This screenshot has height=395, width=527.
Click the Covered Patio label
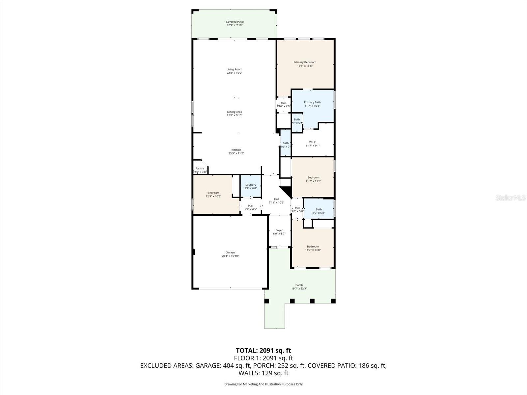[x=235, y=22]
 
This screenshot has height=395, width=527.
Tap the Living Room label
[x=234, y=69]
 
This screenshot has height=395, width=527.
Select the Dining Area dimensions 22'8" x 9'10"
[x=234, y=116]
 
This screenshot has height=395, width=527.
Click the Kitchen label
[x=236, y=150]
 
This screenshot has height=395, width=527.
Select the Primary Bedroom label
[x=305, y=62]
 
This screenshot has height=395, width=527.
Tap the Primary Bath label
[x=312, y=102]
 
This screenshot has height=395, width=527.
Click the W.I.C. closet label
[x=312, y=142]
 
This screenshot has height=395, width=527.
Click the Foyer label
[x=279, y=230]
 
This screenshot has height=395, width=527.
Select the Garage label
[x=230, y=252]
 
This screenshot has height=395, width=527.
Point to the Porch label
[x=299, y=285]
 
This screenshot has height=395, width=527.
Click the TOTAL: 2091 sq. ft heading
[x=263, y=351]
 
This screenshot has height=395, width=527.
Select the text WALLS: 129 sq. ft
[x=263, y=373]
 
